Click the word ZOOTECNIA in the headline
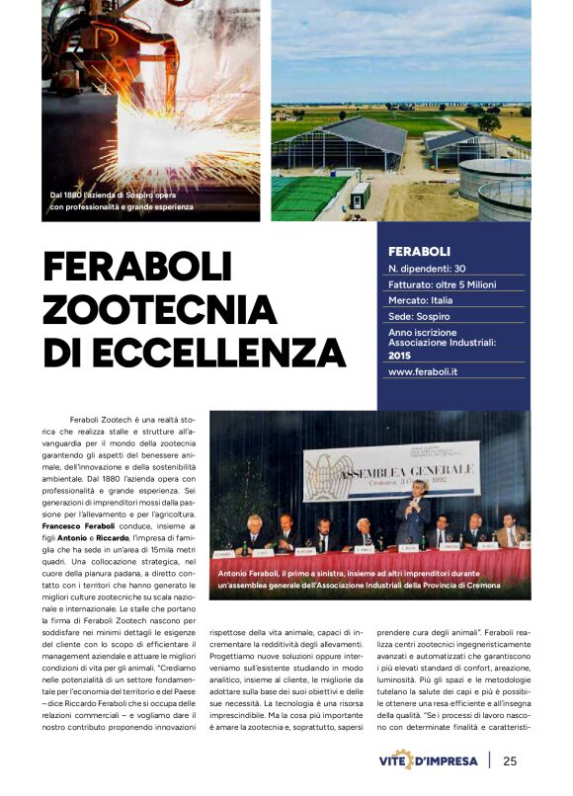point(159,309)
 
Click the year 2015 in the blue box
point(400,354)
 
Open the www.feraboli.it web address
point(430,372)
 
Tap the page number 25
point(510,760)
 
